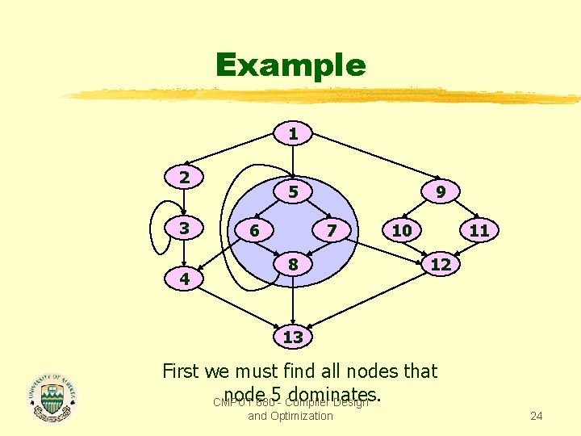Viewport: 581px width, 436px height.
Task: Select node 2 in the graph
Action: (x=185, y=177)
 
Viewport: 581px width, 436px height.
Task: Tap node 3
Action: (x=185, y=228)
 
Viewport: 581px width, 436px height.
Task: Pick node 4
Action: (x=185, y=280)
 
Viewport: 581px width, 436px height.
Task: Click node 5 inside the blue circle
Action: (x=294, y=192)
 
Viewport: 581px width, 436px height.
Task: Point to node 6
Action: (x=254, y=230)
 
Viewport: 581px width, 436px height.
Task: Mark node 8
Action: (x=294, y=264)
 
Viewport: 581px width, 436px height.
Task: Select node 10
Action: (x=401, y=230)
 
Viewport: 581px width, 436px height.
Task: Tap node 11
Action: (x=479, y=230)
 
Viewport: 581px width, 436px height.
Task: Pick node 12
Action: (x=441, y=264)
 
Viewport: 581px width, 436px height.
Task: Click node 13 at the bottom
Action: (x=293, y=337)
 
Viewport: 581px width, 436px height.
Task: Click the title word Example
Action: (x=290, y=65)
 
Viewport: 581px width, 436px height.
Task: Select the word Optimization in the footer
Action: (x=302, y=416)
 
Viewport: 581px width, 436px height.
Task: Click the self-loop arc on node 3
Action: (x=156, y=228)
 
